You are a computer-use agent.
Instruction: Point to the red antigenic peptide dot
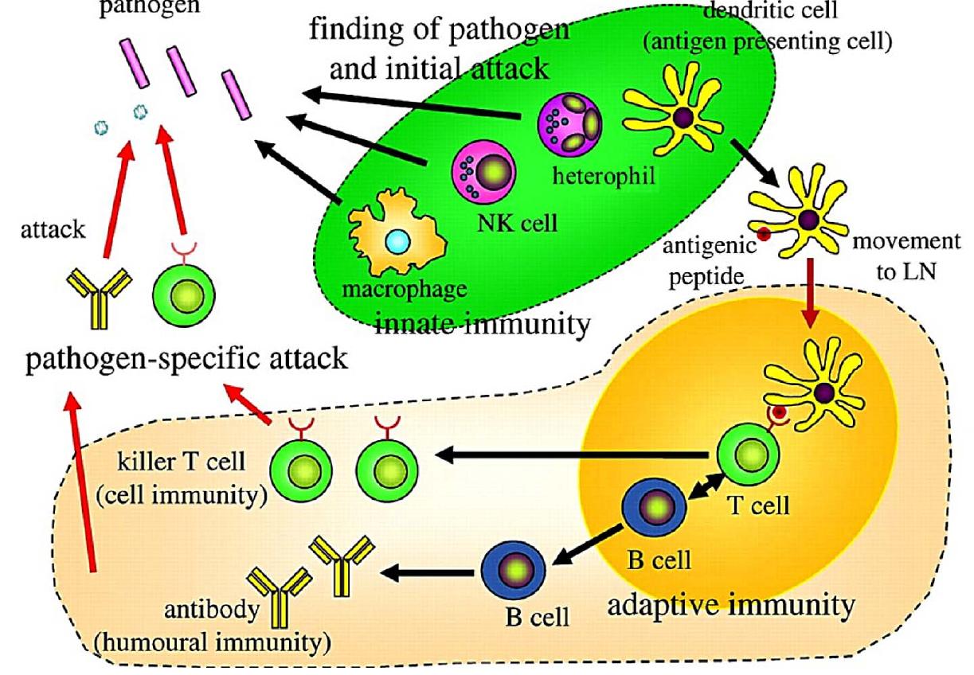(x=763, y=233)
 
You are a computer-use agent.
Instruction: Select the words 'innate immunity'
(x=483, y=324)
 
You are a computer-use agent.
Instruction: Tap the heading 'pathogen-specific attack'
(x=184, y=358)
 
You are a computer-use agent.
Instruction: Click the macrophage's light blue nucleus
(x=395, y=241)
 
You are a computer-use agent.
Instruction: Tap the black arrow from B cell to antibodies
(x=430, y=572)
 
